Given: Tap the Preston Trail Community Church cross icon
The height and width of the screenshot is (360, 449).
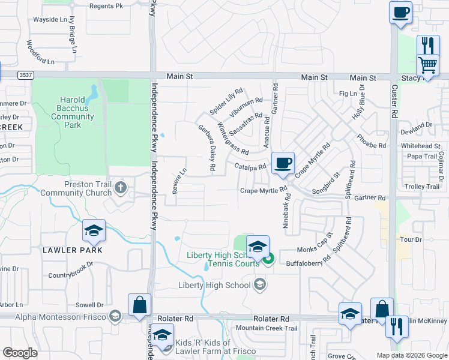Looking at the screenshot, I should (120, 188).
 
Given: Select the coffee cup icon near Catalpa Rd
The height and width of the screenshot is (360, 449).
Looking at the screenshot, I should (283, 162).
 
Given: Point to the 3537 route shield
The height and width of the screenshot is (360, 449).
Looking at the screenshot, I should (25, 76).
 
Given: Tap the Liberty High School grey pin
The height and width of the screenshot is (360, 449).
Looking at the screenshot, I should (259, 285).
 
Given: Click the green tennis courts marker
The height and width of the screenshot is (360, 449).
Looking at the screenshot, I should (268, 259).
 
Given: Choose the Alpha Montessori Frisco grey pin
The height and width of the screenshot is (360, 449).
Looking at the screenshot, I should (114, 316).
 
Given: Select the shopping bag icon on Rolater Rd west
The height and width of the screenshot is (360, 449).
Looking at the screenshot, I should (139, 304).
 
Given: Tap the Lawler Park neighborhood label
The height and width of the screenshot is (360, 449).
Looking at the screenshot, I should (72, 250).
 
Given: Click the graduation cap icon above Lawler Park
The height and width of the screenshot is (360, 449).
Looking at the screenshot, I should (94, 230).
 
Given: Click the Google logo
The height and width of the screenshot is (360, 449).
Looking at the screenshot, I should (20, 353).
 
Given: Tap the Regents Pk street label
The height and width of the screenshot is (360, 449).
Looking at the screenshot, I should (106, 6).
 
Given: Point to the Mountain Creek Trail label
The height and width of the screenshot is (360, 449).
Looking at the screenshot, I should (267, 328).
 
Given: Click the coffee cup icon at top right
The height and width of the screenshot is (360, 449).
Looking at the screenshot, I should (400, 12).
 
